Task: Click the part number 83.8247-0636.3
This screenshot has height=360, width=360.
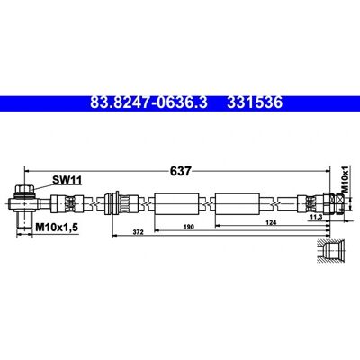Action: pos(148,103)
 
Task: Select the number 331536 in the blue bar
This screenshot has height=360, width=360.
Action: pos(255,103)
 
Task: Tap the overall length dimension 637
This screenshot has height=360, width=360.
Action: pos(180,171)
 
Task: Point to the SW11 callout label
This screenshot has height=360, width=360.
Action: pos(67,180)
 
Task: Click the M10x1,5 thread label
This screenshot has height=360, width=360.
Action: pos(57,228)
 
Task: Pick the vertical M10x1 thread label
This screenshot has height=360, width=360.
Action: pos(346,179)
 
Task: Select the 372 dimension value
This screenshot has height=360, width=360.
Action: pos(139,232)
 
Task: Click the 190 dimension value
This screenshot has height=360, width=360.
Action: pos(189,227)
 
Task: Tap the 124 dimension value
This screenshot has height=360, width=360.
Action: pos(271,222)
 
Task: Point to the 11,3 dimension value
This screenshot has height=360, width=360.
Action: pos(316,217)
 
